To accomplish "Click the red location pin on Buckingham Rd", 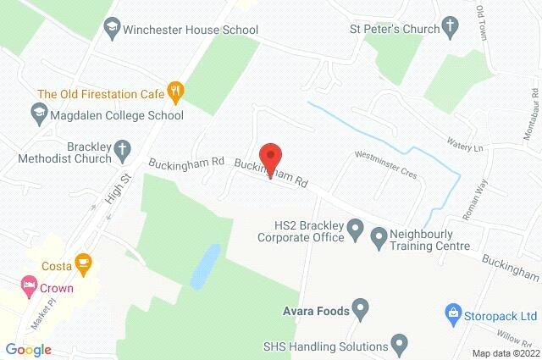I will click(x=270, y=156).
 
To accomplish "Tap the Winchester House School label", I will click(x=191, y=30).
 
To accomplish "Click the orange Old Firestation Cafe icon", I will click(x=176, y=89).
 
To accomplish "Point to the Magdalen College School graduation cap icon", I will click(x=38, y=111).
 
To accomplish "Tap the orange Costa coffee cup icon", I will click(x=83, y=264).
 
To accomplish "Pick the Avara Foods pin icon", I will click(x=361, y=309).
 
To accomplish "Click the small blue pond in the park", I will click(x=204, y=267).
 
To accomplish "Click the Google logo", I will click(x=28, y=349).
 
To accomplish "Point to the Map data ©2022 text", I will click(x=505, y=352).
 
